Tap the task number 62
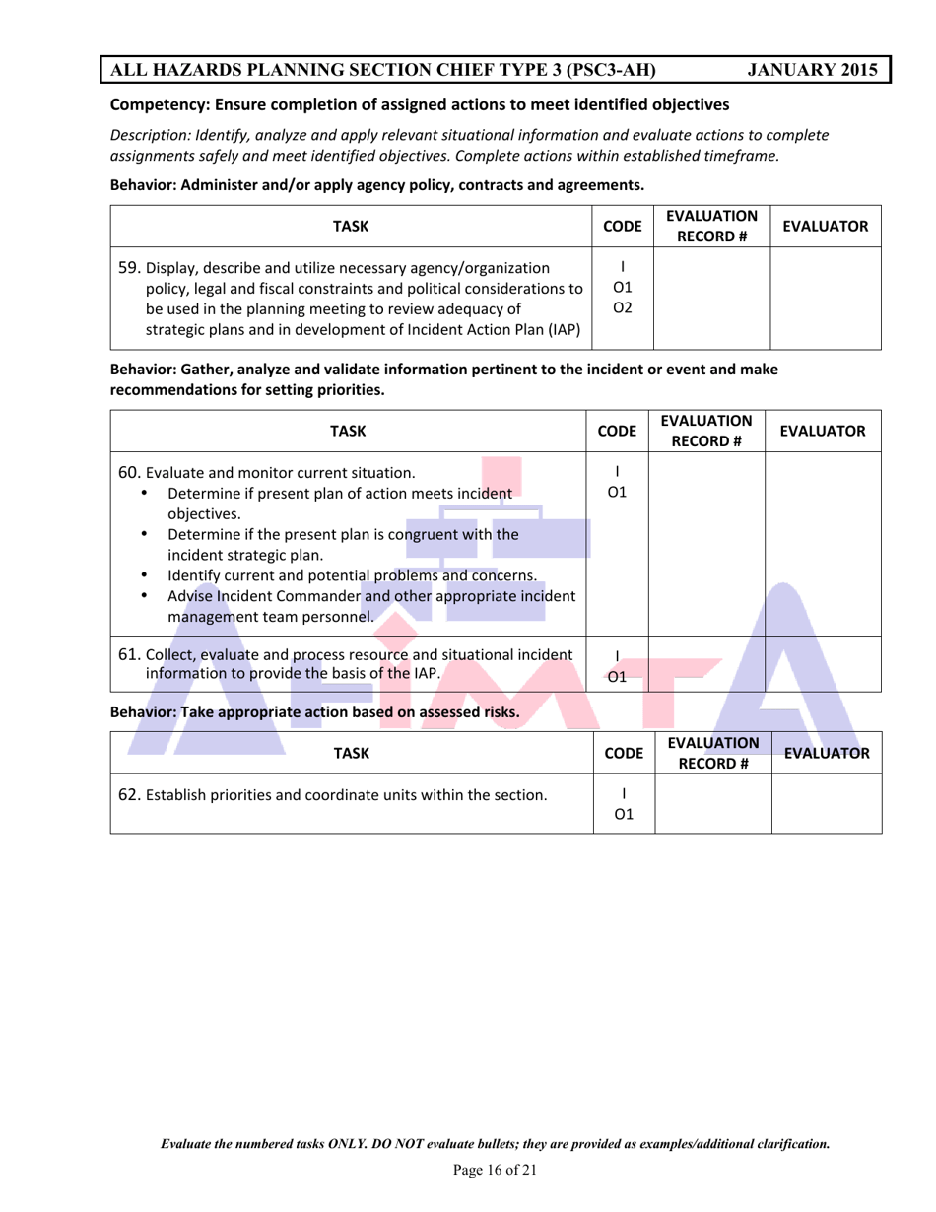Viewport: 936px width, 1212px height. click(129, 793)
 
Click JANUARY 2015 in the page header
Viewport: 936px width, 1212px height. click(812, 70)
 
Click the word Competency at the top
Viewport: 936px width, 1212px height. click(157, 103)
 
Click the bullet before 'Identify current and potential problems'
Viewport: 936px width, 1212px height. click(147, 575)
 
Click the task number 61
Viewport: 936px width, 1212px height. click(129, 653)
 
